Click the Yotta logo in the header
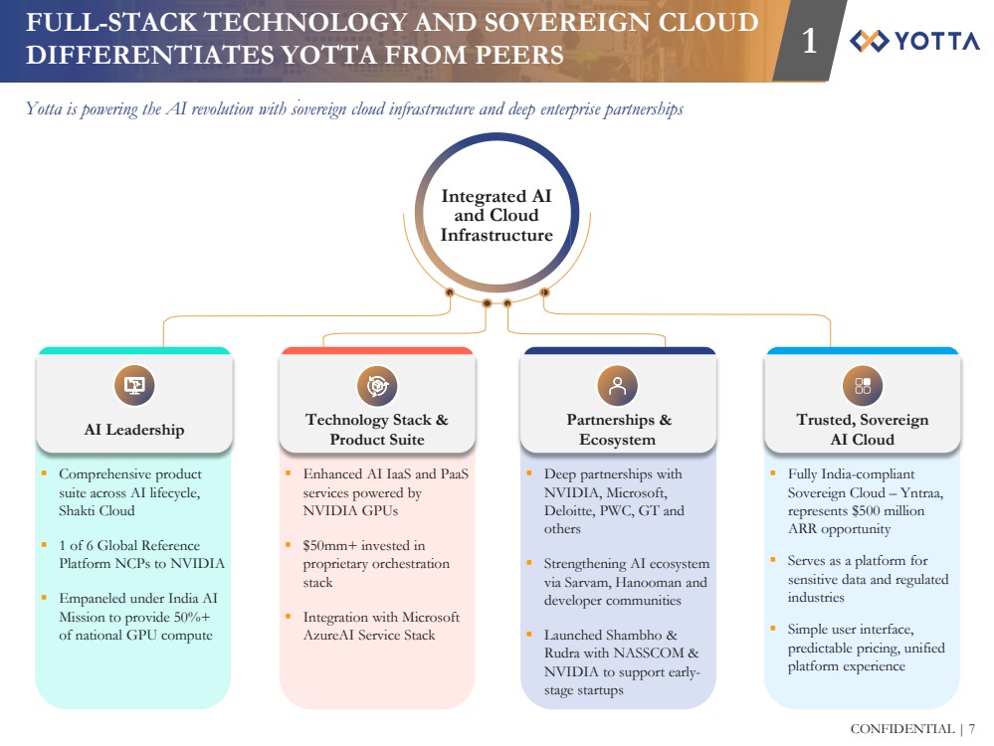(914, 41)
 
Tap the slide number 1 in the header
(810, 41)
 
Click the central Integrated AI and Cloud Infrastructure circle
(497, 215)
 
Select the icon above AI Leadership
(133, 385)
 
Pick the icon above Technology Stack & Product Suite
(376, 385)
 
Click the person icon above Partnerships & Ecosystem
(617, 385)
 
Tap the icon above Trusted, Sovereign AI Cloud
(862, 385)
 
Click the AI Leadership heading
(134, 430)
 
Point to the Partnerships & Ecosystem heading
(618, 430)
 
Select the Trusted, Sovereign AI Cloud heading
(862, 430)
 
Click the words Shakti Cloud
(97, 510)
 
